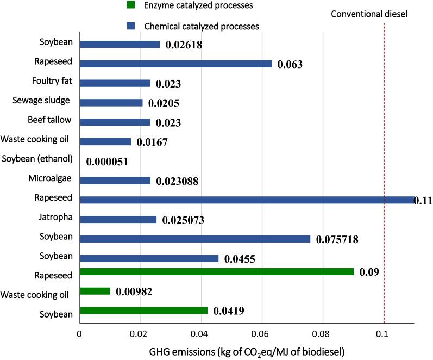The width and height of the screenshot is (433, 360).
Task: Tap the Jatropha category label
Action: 58,219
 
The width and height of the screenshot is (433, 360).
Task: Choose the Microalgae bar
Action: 115,181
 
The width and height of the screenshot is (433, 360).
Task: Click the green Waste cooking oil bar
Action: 95,291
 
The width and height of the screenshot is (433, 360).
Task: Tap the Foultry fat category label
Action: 54,82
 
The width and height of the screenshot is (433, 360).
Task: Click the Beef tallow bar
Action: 115,122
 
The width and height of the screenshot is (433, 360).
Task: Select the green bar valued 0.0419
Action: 143,311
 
